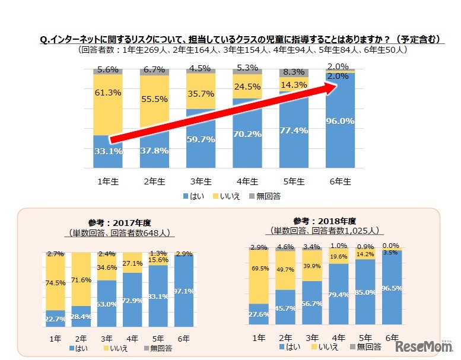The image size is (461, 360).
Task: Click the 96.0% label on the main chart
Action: point(339,121)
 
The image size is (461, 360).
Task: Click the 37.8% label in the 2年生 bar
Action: point(154,150)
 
